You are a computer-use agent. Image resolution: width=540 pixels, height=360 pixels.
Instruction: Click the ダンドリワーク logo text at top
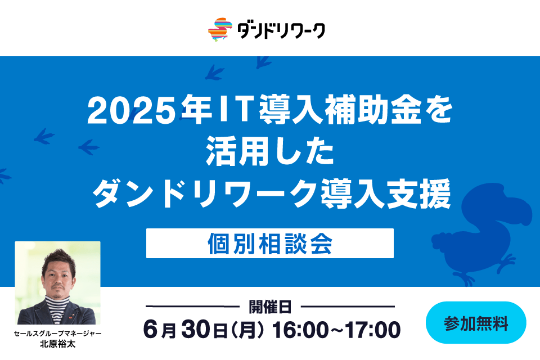click(281, 31)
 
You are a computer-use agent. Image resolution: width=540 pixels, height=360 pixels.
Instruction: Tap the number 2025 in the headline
click(132, 110)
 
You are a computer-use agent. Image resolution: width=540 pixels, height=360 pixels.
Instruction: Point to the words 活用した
click(271, 151)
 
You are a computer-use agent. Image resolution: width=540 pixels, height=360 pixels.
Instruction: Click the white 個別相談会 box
click(270, 243)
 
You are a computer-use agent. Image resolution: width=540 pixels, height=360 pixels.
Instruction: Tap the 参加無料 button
click(476, 323)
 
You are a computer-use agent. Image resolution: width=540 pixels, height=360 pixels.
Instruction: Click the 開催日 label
click(271, 307)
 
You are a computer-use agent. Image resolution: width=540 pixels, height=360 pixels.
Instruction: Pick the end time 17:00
click(373, 330)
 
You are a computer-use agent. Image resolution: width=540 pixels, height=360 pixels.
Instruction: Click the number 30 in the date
click(196, 329)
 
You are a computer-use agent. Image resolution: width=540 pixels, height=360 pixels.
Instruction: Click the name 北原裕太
click(57, 344)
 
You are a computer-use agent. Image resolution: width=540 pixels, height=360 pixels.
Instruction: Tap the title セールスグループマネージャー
click(57, 334)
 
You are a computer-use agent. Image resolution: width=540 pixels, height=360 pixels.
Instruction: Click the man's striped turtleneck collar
click(58, 301)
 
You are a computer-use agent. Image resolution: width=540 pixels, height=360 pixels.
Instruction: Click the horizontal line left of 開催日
click(192, 306)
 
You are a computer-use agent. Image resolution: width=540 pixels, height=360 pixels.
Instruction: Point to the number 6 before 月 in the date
click(151, 330)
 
